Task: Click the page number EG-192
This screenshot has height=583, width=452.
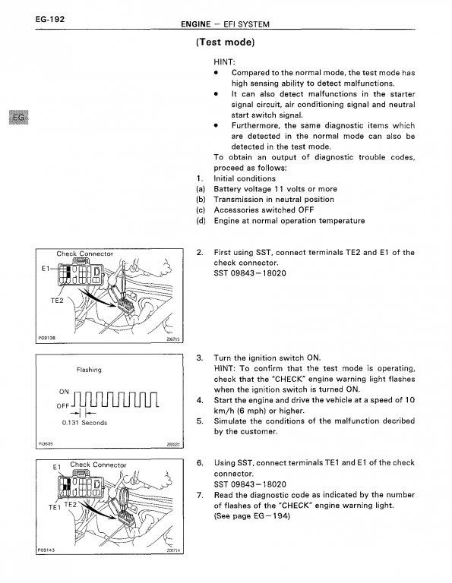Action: tap(50, 19)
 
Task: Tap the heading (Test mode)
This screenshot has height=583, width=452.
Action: tap(226, 42)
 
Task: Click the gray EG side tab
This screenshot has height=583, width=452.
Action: tap(18, 118)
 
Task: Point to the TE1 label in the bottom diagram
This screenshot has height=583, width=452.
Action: tap(54, 507)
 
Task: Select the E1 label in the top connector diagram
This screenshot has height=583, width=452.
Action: tap(46, 268)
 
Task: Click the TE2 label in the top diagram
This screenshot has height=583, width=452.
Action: tap(57, 301)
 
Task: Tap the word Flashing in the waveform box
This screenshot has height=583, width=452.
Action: tap(89, 370)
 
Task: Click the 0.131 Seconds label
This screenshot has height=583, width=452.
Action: tap(84, 423)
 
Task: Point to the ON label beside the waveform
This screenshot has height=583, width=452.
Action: tap(64, 392)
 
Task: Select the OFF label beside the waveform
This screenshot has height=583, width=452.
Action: tap(63, 406)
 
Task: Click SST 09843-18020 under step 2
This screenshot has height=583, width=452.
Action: tap(250, 273)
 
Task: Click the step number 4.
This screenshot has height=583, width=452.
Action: tap(200, 400)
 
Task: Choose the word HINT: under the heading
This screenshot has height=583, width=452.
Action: tap(224, 61)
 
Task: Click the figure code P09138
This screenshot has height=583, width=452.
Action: tap(47, 338)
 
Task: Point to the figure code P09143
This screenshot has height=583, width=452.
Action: tap(46, 550)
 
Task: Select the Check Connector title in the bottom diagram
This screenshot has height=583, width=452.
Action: tap(98, 465)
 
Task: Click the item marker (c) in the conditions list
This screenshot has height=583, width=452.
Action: tap(201, 210)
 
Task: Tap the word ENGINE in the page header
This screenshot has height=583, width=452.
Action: tap(196, 24)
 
